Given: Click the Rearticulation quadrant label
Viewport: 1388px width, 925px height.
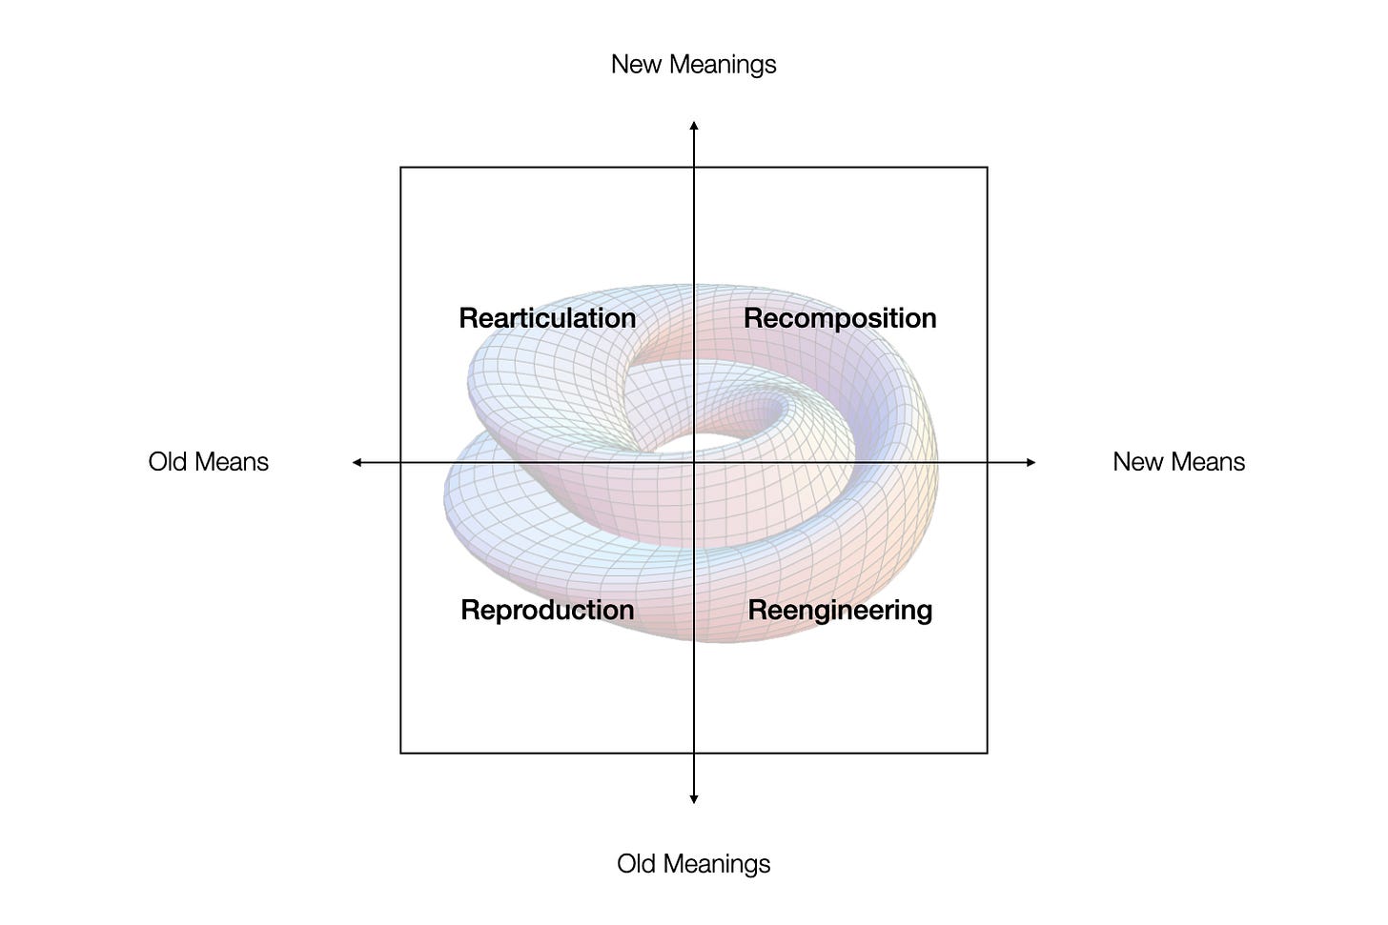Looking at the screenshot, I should pos(547,318).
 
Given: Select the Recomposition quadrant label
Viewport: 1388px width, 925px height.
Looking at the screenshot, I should pos(840,318).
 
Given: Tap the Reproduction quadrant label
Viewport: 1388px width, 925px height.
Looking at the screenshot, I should pos(547,610).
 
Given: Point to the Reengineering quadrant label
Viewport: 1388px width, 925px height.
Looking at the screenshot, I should pos(840,610).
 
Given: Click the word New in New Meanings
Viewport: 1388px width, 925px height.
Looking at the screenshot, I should pos(636,65).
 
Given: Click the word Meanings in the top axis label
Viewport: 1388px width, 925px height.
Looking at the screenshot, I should pos(722,65).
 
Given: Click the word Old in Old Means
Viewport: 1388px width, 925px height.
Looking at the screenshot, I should pos(168,462).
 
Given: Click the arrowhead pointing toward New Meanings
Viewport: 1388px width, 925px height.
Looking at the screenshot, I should pos(694,126).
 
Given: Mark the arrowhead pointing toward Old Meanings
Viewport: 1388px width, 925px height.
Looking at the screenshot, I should pos(694,799).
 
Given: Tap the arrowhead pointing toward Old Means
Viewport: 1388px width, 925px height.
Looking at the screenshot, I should pos(357,463).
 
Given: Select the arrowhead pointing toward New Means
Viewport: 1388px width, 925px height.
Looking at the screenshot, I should pos(1031,463).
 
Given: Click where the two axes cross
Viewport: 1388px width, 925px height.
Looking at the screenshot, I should pos(694,463).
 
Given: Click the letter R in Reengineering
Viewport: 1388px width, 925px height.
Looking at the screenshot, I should pos(756,610).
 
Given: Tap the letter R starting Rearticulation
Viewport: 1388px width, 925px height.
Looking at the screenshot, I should pos(467,318).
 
